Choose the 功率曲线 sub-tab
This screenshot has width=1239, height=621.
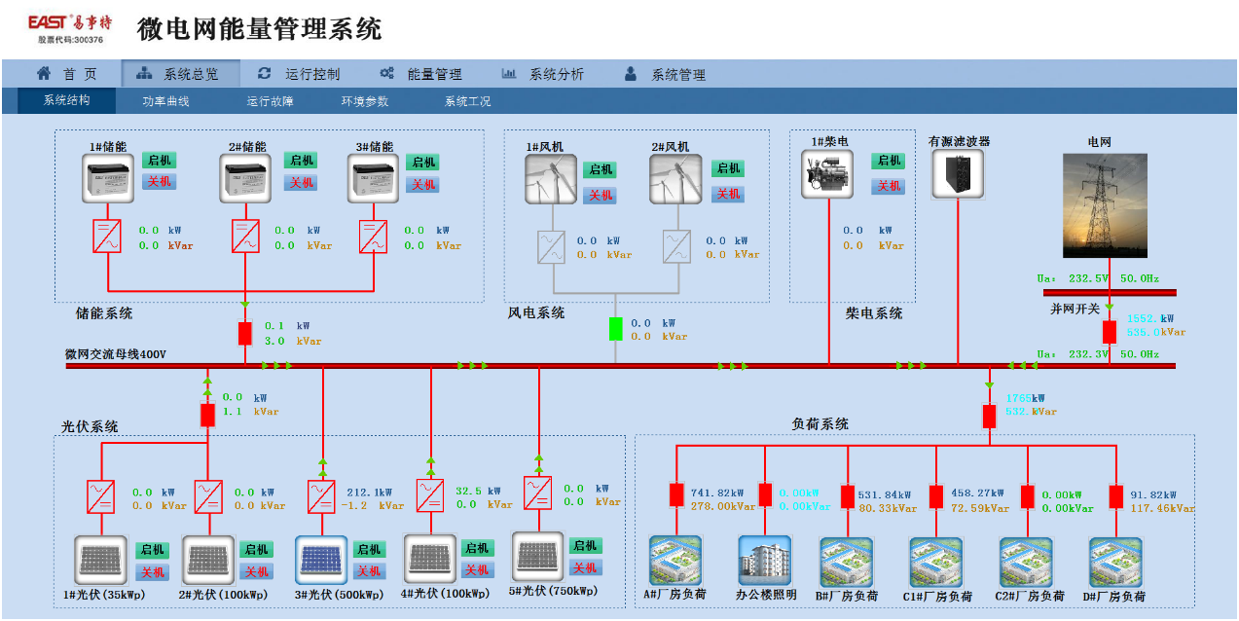click(165, 101)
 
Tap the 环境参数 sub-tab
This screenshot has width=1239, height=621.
click(364, 101)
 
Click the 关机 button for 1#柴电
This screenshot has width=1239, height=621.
click(889, 186)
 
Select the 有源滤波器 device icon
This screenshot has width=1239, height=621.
click(958, 174)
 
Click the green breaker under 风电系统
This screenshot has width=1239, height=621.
click(615, 329)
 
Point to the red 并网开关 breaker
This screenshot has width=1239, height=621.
click(1109, 331)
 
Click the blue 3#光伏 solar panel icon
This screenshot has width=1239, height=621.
click(320, 561)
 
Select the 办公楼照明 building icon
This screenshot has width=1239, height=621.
click(765, 561)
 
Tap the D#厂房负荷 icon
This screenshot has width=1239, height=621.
click(1114, 562)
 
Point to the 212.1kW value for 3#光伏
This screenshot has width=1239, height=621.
click(370, 493)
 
